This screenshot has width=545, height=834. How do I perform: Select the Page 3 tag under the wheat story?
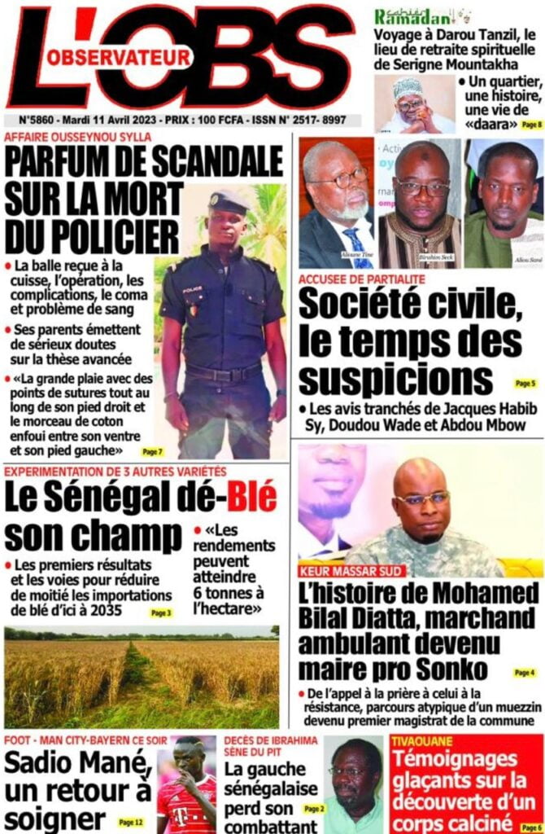pyautogui.click(x=163, y=612)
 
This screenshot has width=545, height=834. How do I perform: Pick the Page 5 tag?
pyautogui.click(x=525, y=383)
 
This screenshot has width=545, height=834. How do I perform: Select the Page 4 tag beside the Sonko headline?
pyautogui.click(x=524, y=673)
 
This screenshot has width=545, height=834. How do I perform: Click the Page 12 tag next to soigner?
pyautogui.click(x=130, y=823)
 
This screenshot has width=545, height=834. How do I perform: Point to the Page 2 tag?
pyautogui.click(x=313, y=809)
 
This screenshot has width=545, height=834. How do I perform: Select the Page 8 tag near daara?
pyautogui.click(x=530, y=124)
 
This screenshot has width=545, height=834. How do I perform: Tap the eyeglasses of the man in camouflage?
pyautogui.click(x=422, y=498)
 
